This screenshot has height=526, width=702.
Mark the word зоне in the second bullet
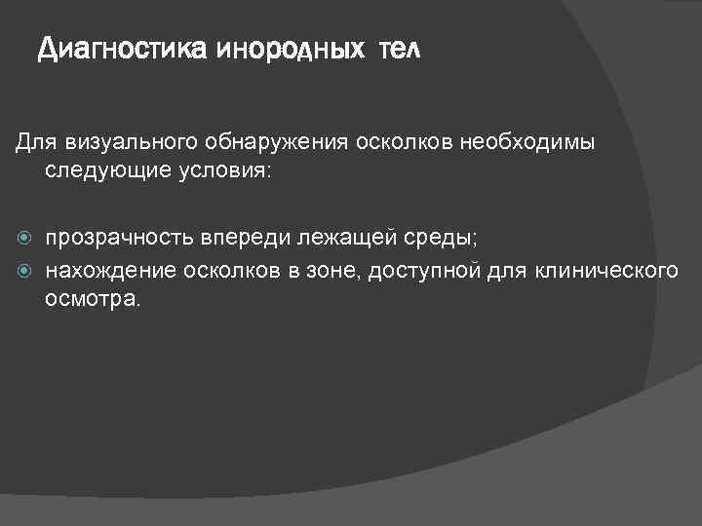click(x=332, y=269)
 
